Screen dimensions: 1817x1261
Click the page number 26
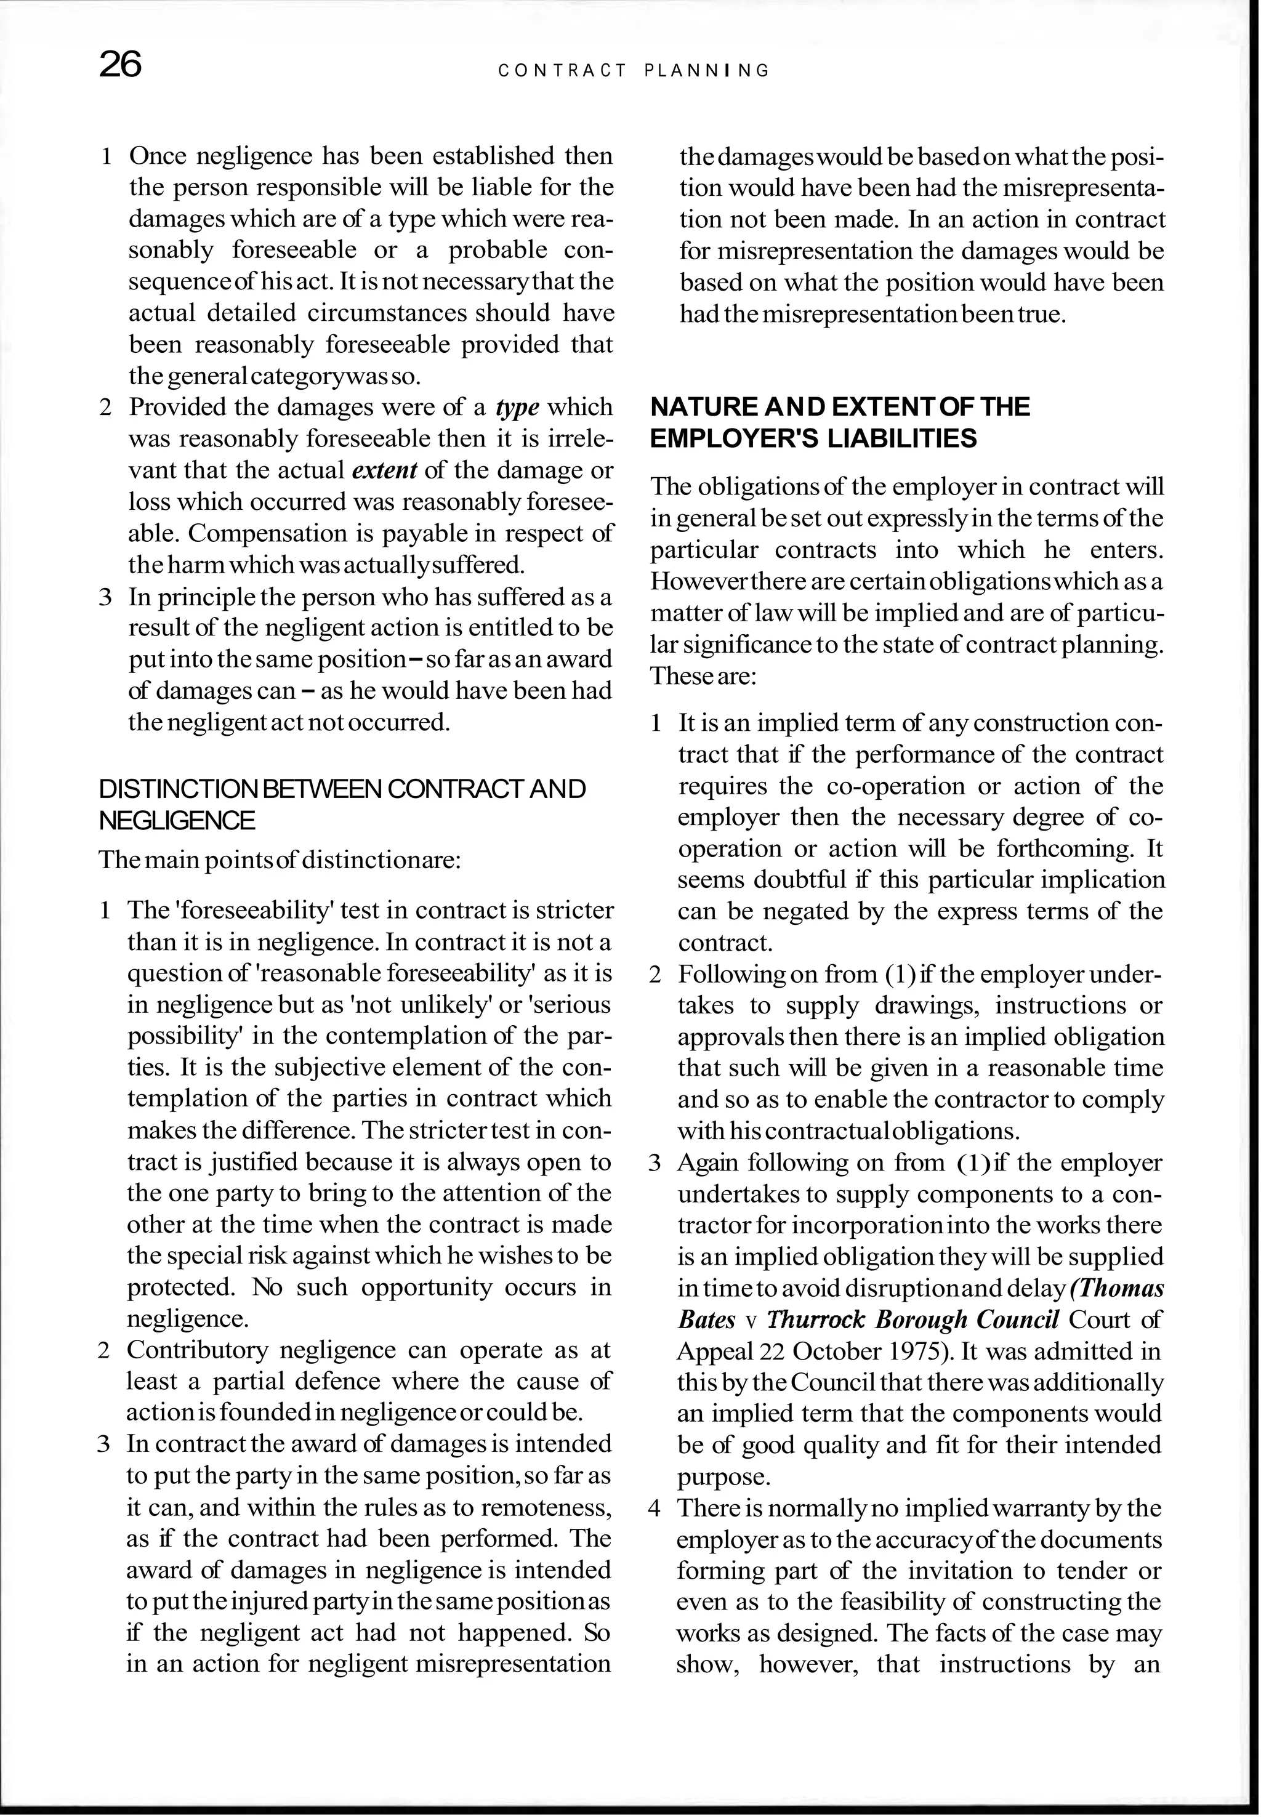(x=120, y=65)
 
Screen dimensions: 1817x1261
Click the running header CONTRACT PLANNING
(x=634, y=71)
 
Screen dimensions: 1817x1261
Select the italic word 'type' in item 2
(x=518, y=408)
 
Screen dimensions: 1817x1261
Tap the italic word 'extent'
(x=384, y=471)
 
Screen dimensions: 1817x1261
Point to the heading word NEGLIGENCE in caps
(x=177, y=821)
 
